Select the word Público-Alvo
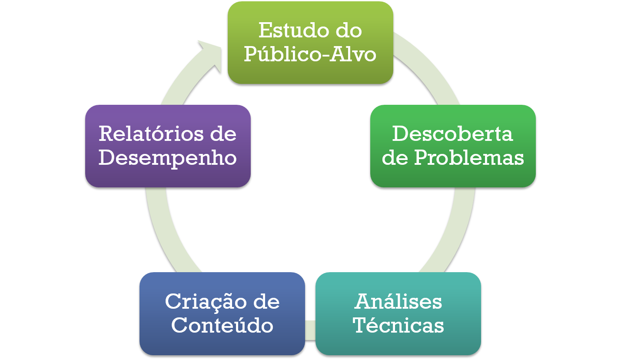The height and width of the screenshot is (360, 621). point(310,54)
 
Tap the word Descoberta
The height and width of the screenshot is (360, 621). point(452,133)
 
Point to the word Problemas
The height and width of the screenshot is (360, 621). point(468,157)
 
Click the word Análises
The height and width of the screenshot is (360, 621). point(398,301)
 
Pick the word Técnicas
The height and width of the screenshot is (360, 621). point(398,325)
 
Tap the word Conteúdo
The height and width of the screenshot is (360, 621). point(222,325)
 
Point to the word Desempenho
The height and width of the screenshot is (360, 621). point(168,157)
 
